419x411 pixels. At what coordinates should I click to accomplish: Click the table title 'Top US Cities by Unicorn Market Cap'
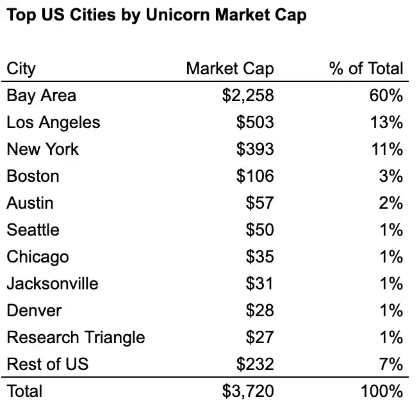[x=156, y=15]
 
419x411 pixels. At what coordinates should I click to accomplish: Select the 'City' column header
[x=21, y=68]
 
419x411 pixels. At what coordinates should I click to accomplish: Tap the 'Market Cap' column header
[x=229, y=68]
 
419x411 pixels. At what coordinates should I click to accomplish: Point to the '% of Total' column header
[x=366, y=68]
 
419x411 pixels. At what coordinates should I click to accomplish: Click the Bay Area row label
[x=41, y=95]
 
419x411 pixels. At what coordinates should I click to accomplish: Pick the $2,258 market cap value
[x=247, y=95]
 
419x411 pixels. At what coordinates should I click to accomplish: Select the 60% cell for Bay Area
[x=386, y=95]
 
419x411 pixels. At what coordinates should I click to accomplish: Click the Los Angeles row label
[x=53, y=122]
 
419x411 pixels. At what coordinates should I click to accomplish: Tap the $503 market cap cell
[x=254, y=122]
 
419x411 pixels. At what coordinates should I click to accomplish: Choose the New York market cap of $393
[x=254, y=149]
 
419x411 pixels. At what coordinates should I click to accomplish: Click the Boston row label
[x=33, y=176]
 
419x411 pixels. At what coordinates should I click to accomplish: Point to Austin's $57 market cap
[x=259, y=203]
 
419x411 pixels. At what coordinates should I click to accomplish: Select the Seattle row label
[x=33, y=230]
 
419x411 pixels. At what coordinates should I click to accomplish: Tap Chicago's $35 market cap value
[x=259, y=257]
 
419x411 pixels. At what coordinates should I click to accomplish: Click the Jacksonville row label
[x=53, y=284]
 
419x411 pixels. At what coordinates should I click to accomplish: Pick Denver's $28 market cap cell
[x=259, y=310]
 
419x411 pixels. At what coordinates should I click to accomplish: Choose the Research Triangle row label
[x=76, y=337]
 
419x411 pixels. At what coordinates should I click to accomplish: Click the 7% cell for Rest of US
[x=391, y=364]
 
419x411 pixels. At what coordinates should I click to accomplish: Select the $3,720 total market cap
[x=247, y=391]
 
